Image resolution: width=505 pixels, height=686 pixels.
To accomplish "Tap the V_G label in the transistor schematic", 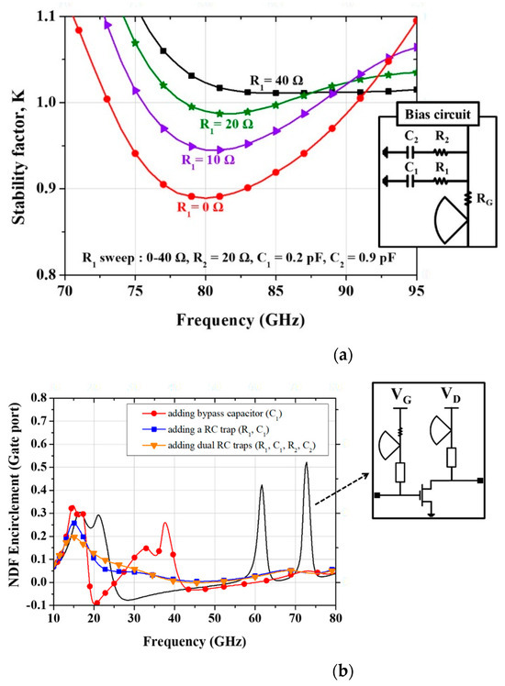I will pyautogui.click(x=400, y=398).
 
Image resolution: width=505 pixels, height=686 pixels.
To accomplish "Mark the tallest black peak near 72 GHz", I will pyautogui.click(x=306, y=464).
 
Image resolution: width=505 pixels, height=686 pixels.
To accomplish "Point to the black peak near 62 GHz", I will pyautogui.click(x=262, y=486).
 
